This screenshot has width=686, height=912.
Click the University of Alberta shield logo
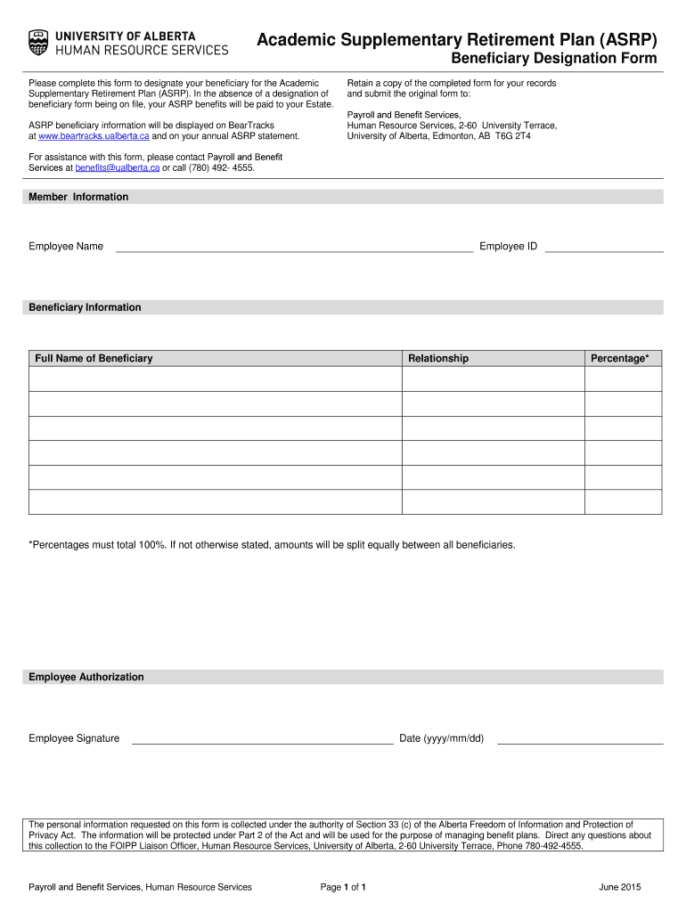coord(38,42)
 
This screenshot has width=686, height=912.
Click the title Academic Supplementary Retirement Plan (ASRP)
coord(457,40)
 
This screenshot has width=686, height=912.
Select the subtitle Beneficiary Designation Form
coord(553,60)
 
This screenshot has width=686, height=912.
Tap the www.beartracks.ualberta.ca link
coord(88,136)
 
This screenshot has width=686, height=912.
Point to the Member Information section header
coord(78,197)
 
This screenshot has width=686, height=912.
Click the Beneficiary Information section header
coord(85,307)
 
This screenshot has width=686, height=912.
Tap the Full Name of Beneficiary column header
coord(94,358)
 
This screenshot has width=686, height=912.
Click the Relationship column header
coord(437,358)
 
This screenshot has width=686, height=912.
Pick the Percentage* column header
coord(620,358)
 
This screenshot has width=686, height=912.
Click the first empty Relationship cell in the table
coord(493,379)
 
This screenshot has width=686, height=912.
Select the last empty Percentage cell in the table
coord(623,502)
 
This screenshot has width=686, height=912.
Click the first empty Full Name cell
coord(215,379)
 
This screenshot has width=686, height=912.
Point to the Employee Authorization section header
coord(86,677)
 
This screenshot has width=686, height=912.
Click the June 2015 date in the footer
coord(620,887)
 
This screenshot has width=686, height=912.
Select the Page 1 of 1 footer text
coord(343,887)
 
